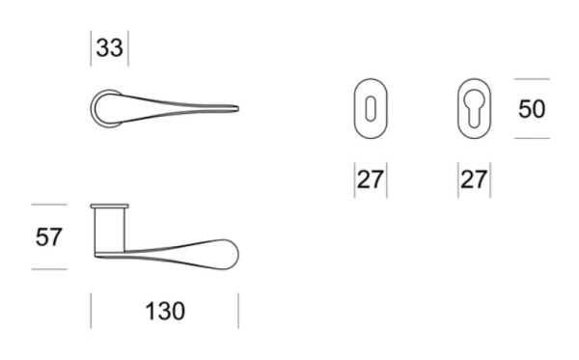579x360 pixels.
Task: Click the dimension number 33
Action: coord(109,48)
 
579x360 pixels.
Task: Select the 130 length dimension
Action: coord(164,312)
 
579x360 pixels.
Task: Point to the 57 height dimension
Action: coord(49,236)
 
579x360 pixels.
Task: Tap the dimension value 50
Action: coord(532,109)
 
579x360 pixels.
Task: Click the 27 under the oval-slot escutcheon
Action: coord(371,180)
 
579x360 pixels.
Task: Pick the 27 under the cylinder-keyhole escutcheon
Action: coord(473,180)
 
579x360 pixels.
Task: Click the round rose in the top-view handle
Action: coord(107,107)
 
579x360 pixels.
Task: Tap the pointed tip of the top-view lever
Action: coord(235,106)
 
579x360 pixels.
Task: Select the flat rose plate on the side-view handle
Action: coord(109,207)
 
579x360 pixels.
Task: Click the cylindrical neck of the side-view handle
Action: coord(109,232)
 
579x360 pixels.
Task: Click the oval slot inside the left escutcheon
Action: coord(370,109)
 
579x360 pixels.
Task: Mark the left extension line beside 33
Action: coord(92,49)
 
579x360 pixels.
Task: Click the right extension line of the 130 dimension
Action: coord(237,311)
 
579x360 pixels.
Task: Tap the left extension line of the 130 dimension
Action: coord(91,311)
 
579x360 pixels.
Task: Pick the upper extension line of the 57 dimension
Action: coord(48,205)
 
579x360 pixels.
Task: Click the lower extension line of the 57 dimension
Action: coord(48,268)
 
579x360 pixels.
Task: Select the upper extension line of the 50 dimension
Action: coord(532,79)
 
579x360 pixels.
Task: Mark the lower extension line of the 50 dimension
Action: coord(532,138)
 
